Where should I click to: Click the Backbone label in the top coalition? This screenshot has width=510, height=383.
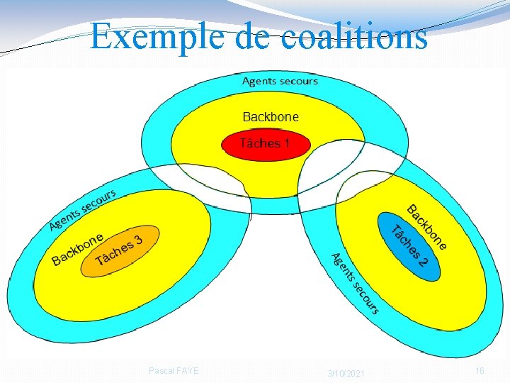(x=271, y=116)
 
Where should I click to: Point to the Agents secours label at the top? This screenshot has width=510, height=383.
(x=280, y=81)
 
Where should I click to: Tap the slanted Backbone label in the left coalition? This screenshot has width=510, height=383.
(x=78, y=248)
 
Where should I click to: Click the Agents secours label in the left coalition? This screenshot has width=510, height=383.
(x=82, y=210)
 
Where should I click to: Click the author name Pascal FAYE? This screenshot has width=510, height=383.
(x=174, y=370)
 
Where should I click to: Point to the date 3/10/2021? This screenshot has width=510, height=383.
(x=346, y=373)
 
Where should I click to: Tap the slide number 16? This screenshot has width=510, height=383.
(x=480, y=371)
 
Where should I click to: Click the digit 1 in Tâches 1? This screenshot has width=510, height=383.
(x=286, y=144)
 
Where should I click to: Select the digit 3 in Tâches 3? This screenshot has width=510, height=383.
(x=139, y=240)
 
